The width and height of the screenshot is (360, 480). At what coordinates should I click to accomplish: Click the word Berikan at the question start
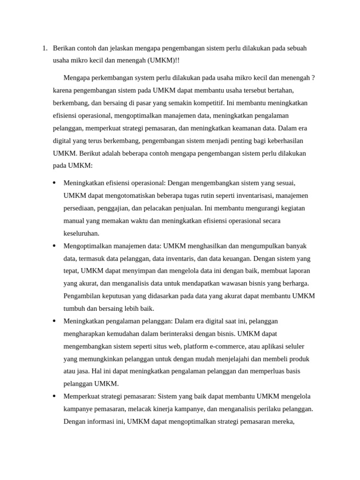coord(64,48)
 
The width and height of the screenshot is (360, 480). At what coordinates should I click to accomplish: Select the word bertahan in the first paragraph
coord(281,90)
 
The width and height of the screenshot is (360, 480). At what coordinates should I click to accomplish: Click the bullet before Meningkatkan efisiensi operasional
coord(54,183)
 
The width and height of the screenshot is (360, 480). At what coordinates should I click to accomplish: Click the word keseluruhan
coord(82,233)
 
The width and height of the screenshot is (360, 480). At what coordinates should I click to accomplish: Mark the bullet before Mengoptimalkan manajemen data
coord(54,246)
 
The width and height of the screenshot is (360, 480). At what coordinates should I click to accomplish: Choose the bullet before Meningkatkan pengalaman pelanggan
coord(54,321)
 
